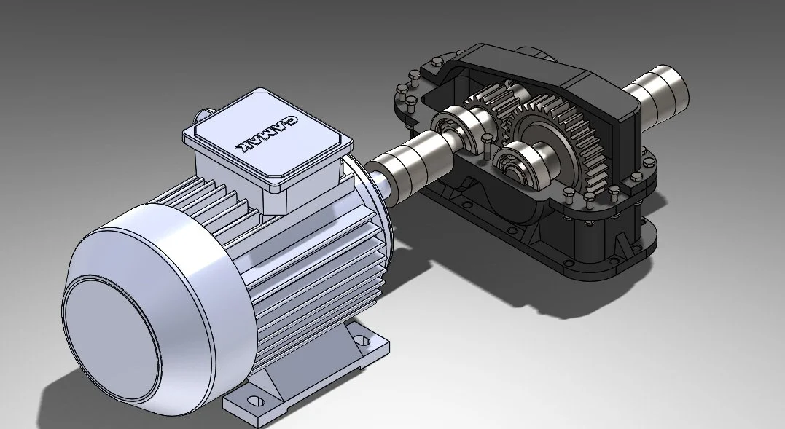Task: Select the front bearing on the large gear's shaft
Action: click(x=522, y=163)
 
